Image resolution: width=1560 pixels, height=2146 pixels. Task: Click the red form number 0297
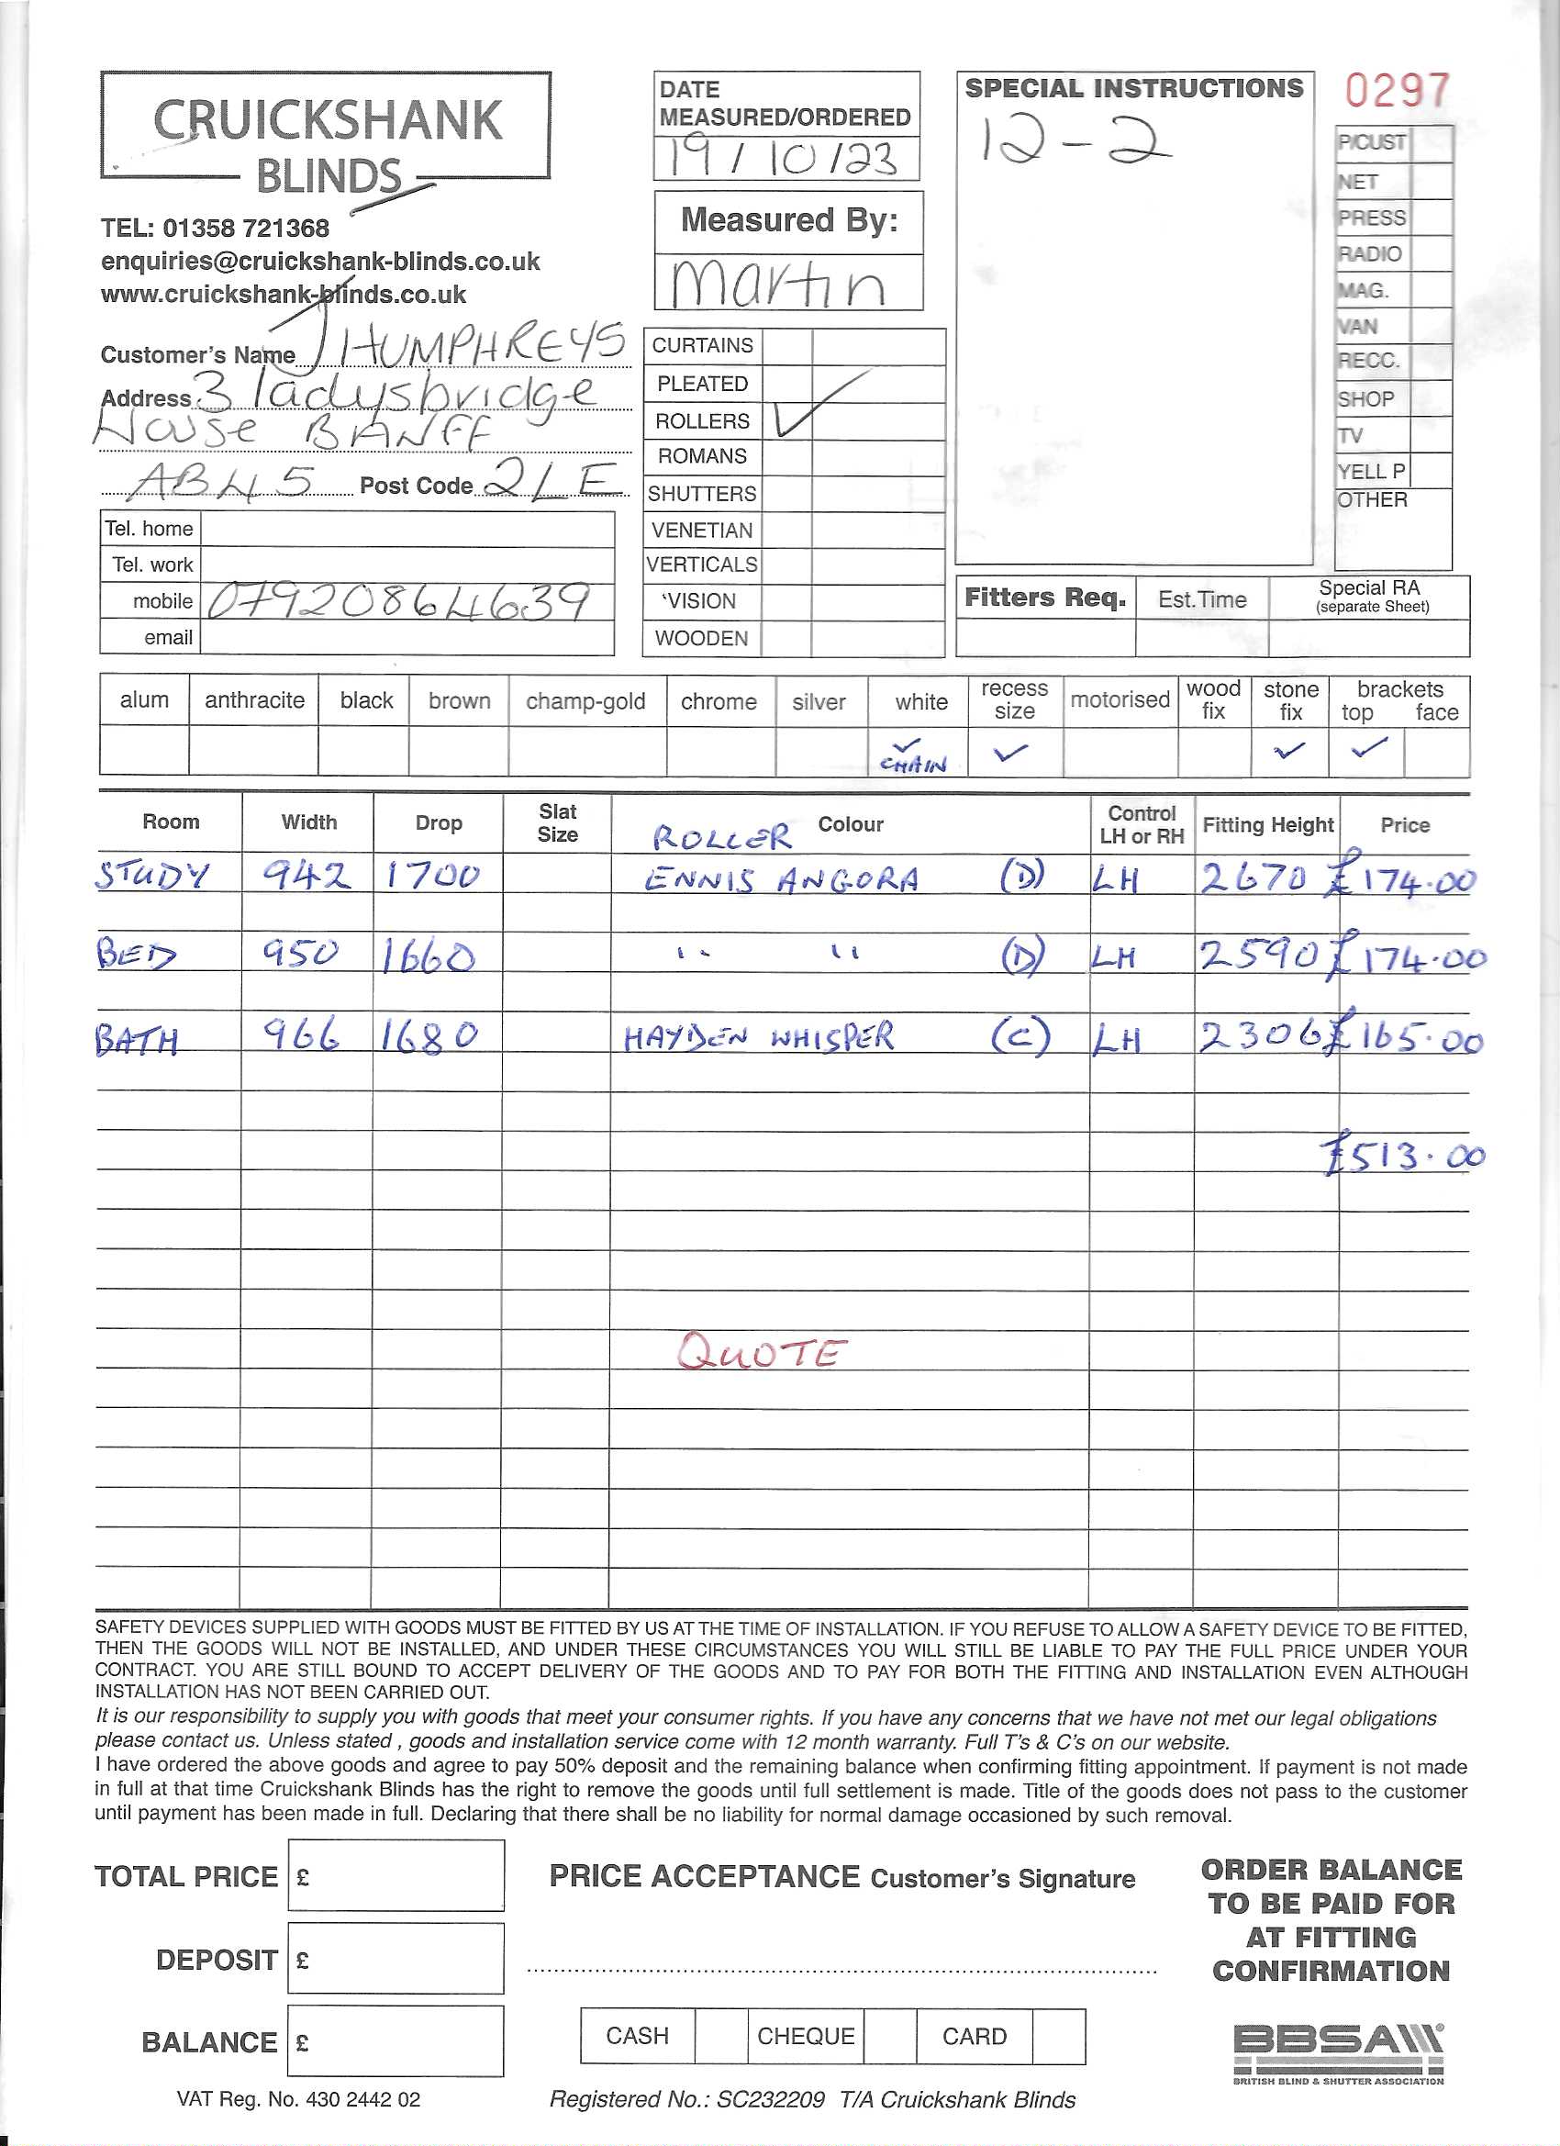click(1397, 92)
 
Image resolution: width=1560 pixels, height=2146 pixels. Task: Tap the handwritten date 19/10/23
click(785, 158)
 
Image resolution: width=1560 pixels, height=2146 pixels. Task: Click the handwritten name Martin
click(778, 283)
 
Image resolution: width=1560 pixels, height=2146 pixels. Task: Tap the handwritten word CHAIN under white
click(913, 764)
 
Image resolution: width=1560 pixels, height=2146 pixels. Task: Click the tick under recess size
click(1011, 753)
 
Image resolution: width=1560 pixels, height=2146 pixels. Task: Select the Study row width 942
click(306, 877)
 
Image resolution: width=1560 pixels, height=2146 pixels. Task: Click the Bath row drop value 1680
click(430, 1036)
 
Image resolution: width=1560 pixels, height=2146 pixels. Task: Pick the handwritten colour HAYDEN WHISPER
click(758, 1038)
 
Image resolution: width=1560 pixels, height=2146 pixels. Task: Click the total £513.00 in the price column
click(1405, 1157)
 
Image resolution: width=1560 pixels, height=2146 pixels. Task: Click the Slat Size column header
click(557, 823)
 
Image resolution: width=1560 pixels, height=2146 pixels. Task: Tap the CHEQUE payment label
click(805, 2036)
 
